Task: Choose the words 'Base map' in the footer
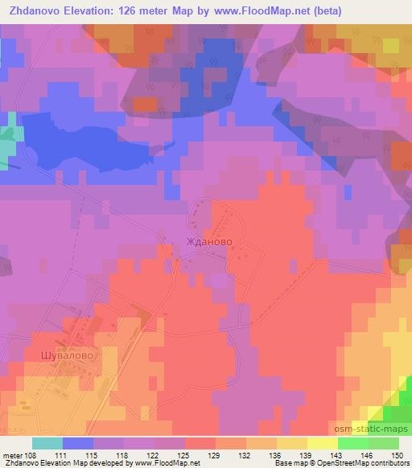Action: (x=286, y=463)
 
